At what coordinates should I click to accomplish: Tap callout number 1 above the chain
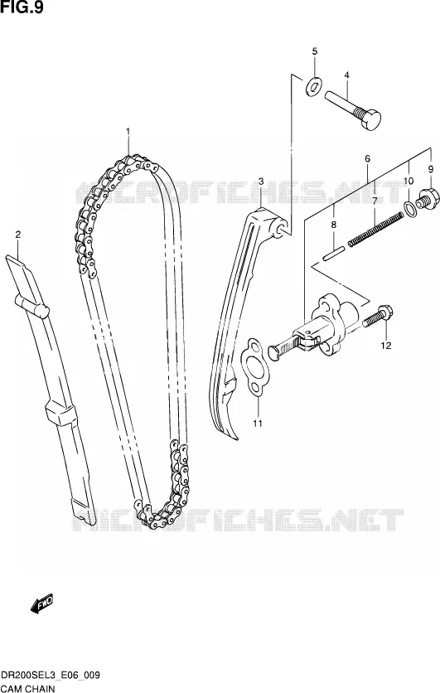[128, 131]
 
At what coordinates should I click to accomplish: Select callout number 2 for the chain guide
[18, 235]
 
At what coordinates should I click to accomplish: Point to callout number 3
[261, 182]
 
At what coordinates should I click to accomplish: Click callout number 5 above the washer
[315, 51]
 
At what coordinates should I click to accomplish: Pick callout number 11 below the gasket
[258, 424]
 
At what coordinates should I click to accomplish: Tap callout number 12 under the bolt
[386, 346]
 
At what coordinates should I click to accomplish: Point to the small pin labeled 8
[335, 254]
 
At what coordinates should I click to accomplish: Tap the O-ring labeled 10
[410, 209]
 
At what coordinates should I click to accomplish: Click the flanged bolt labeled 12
[378, 315]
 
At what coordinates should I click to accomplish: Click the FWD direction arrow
[42, 603]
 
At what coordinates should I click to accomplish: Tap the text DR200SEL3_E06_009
[51, 676]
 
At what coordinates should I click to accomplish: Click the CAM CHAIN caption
[28, 688]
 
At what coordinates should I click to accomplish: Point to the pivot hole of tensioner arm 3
[279, 228]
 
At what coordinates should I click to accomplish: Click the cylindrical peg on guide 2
[31, 305]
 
